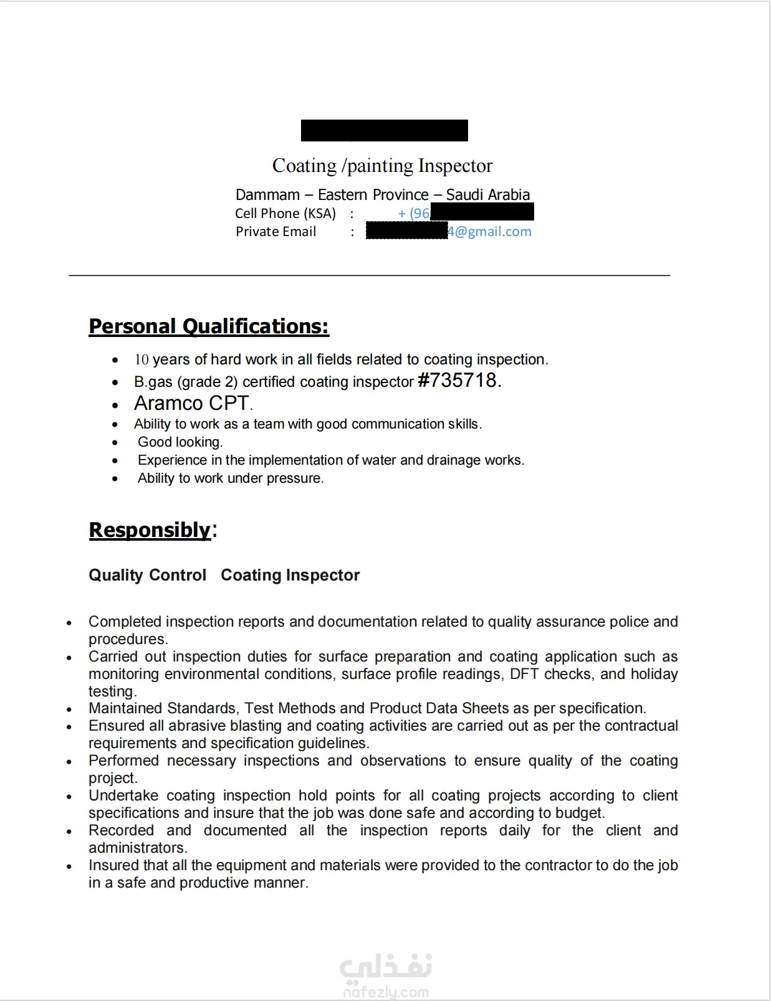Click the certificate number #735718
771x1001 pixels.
[459, 380]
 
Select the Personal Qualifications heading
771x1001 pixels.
[209, 326]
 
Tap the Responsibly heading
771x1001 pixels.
[150, 530]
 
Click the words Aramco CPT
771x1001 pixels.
[192, 404]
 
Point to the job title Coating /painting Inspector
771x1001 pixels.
[382, 166]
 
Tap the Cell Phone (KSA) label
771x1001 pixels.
[285, 214]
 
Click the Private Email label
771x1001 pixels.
[275, 232]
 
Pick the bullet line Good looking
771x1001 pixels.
[180, 442]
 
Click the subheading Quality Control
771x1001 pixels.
[147, 575]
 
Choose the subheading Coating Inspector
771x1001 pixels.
[290, 575]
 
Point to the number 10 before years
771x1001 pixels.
[141, 360]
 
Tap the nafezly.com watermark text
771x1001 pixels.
[386, 992]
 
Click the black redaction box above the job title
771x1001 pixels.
[384, 130]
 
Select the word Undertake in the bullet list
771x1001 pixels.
[123, 795]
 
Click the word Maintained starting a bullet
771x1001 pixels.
[127, 708]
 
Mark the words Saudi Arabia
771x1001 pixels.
[487, 195]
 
